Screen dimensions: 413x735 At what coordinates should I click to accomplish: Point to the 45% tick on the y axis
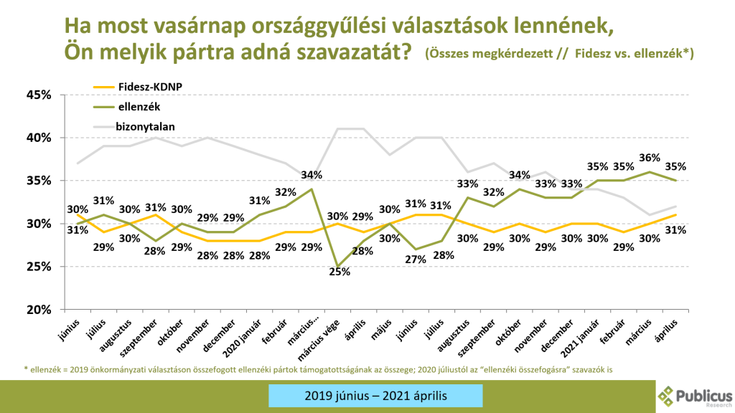click(x=39, y=95)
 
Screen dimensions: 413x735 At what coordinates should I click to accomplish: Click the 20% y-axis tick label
click(x=39, y=310)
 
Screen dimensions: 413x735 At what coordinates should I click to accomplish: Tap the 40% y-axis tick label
click(x=39, y=138)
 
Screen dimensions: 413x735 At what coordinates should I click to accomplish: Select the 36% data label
click(x=649, y=158)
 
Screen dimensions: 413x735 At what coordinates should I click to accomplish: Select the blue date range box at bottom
click(x=375, y=396)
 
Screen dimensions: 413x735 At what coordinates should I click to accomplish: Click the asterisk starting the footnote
click(x=27, y=369)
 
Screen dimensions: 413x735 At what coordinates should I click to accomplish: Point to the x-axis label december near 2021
click(x=556, y=337)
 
